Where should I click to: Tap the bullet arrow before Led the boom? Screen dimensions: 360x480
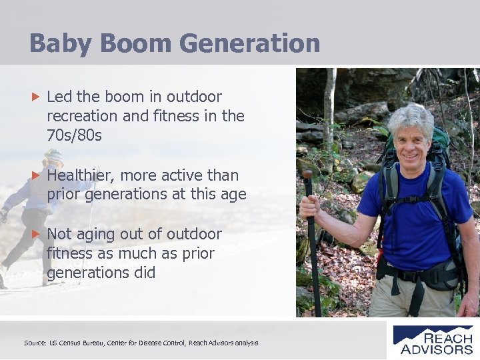click(37, 97)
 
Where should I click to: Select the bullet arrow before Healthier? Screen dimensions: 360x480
click(37, 175)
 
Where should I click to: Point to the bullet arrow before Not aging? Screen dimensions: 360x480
click(37, 235)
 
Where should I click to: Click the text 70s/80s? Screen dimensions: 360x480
click(75, 135)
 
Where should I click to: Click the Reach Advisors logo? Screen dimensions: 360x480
click(433, 340)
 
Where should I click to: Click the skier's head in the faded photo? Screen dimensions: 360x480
click(53, 160)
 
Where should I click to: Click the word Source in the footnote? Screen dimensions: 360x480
click(35, 343)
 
